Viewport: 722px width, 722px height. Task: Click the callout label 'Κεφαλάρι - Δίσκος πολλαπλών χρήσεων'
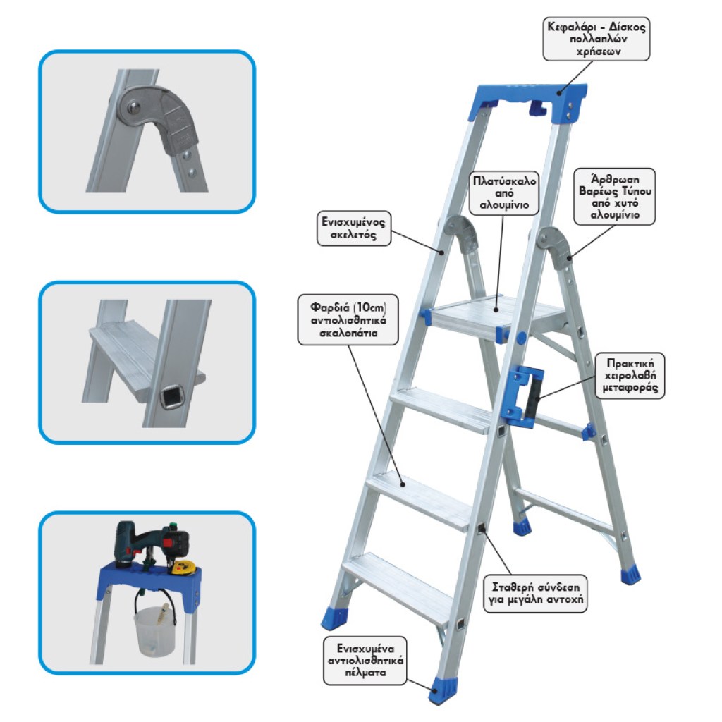596,39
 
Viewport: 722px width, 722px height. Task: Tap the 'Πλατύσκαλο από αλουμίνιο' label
504,193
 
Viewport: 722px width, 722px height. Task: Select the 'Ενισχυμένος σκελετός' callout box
354,228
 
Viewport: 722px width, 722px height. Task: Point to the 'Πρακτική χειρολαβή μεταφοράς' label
630,375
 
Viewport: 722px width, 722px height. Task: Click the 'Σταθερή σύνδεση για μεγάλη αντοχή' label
535,593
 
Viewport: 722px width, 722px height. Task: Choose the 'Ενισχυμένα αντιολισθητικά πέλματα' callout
365,661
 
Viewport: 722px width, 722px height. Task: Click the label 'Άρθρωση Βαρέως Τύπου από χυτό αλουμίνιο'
615,197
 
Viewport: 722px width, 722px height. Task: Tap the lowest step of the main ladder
397,587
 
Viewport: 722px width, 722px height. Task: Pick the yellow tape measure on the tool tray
183,567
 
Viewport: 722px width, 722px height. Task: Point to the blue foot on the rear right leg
630,575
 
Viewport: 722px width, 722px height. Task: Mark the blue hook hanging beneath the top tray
537,108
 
